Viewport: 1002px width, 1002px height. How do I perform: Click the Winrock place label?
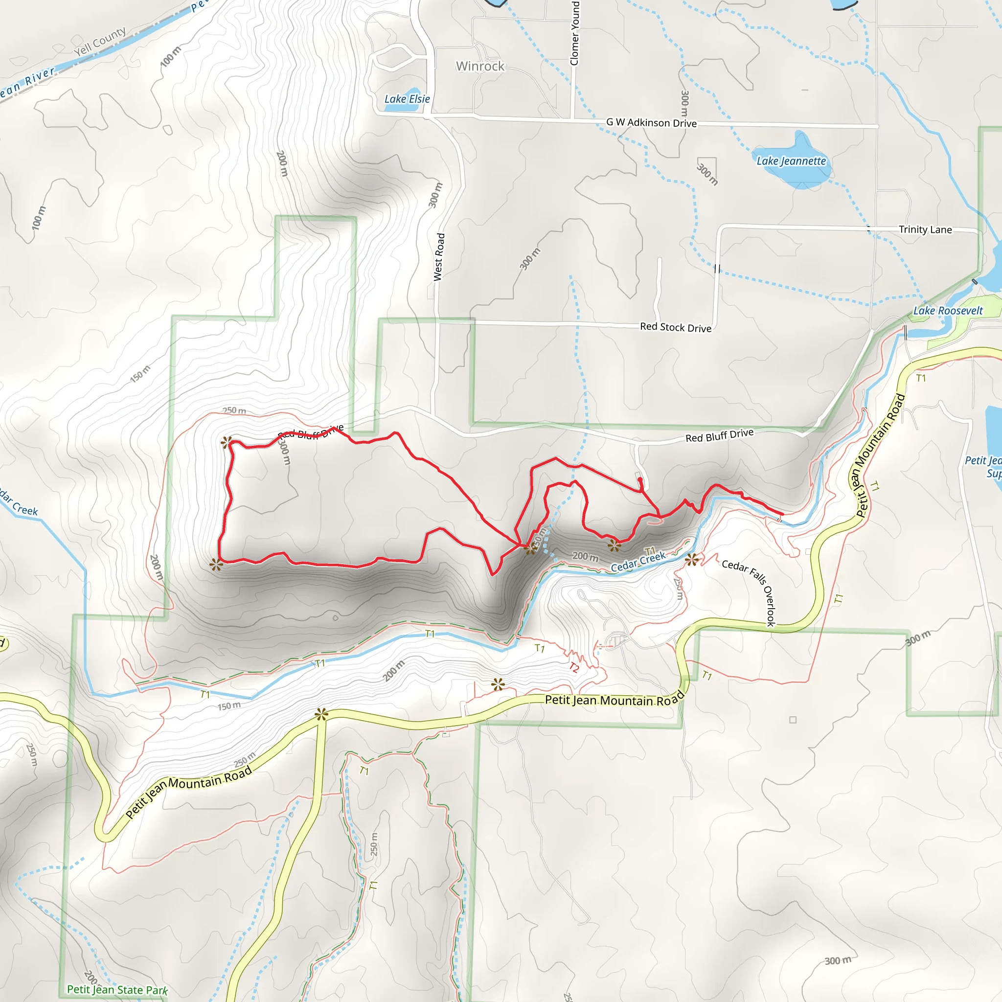[480, 66]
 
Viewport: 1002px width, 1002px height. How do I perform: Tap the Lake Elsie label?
[407, 98]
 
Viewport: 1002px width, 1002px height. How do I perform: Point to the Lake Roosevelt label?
[948, 311]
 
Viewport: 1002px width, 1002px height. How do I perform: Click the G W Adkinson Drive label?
[651, 122]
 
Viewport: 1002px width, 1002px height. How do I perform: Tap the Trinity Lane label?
[925, 229]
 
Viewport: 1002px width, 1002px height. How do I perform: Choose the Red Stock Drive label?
[675, 327]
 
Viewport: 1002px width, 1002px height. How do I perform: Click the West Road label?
[439, 257]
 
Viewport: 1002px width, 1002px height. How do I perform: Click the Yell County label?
[100, 42]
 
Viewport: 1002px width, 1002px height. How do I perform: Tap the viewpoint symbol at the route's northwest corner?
[226, 442]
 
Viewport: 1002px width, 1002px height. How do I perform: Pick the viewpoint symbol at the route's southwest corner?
[216, 565]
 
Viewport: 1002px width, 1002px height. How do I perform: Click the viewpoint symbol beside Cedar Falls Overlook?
[691, 560]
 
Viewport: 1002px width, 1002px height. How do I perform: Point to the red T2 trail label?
[573, 667]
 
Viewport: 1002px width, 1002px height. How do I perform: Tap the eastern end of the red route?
[781, 514]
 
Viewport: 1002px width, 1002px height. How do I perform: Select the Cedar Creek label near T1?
[638, 562]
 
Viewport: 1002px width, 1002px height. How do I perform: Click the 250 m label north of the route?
[234, 410]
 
